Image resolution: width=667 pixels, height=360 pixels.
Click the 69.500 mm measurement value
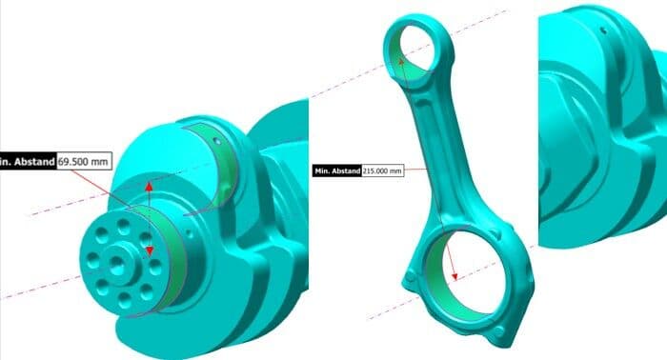click(x=84, y=162)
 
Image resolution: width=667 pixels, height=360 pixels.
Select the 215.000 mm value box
click(x=382, y=170)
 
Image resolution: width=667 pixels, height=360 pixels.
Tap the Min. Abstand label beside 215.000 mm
click(x=337, y=170)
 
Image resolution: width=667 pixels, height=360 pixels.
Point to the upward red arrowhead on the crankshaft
click(x=149, y=186)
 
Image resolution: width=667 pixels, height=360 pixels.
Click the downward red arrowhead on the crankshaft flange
click(x=149, y=250)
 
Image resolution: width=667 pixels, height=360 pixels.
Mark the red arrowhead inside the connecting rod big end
click(x=455, y=276)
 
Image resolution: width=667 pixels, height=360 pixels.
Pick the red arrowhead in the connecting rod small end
click(x=401, y=63)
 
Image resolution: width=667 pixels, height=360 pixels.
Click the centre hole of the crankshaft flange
click(x=116, y=266)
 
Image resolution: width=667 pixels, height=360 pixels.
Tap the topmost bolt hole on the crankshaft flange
click(x=124, y=227)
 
